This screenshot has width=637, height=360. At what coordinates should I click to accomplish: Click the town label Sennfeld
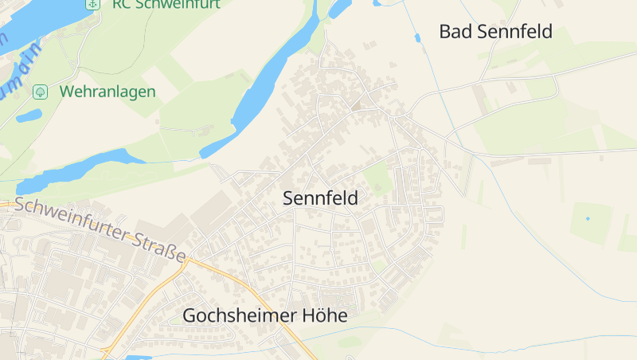point(320,199)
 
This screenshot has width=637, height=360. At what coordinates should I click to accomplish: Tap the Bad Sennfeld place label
point(495,32)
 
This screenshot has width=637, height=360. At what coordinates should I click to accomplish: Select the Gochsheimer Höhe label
point(265,315)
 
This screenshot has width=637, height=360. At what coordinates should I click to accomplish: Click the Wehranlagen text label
point(107,92)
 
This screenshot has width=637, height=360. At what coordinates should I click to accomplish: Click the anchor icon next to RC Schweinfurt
point(92,4)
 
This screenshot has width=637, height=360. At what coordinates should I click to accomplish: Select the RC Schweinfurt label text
point(166,4)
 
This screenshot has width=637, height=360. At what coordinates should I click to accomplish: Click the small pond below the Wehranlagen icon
point(29,115)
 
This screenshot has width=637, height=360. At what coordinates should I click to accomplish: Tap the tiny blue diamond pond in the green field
point(588,218)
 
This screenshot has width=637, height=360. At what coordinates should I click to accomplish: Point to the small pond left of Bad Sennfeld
point(417,37)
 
